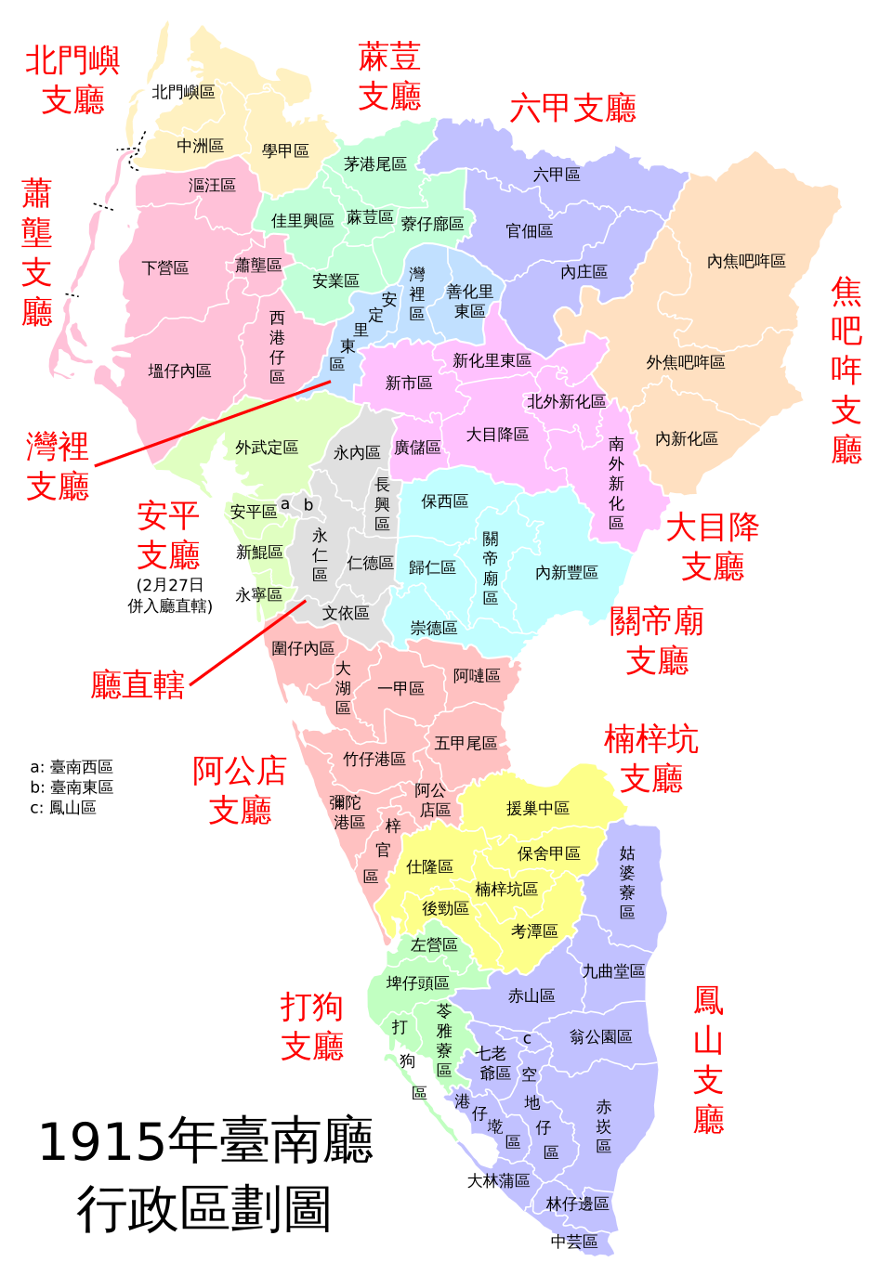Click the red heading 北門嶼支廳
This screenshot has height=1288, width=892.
[72, 80]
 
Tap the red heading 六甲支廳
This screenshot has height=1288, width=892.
[572, 109]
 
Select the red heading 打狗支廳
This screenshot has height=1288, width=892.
[312, 1026]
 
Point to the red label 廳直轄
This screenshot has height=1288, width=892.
[138, 685]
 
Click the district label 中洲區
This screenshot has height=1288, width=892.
[201, 146]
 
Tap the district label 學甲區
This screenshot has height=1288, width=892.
[285, 150]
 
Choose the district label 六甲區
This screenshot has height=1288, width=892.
[557, 174]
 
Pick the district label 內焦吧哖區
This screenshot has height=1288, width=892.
[746, 261]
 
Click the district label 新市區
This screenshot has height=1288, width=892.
[409, 383]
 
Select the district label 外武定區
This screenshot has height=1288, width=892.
[267, 448]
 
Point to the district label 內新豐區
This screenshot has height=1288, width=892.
[567, 572]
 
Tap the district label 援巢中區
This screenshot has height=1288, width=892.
[538, 808]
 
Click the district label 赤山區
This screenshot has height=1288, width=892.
[531, 995]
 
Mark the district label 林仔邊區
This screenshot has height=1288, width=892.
[577, 1203]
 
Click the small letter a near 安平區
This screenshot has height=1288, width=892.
[284, 504]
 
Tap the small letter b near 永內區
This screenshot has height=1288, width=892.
[308, 505]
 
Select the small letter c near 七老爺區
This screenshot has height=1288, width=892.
[527, 1039]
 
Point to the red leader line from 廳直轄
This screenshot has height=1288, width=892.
[247, 643]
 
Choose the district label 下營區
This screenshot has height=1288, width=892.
[165, 267]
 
